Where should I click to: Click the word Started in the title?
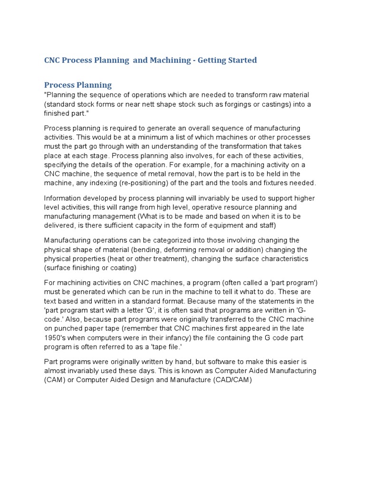pos(240,60)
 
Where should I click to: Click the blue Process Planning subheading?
pos(78,85)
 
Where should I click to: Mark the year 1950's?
pos(56,337)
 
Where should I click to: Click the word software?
pos(207,362)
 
